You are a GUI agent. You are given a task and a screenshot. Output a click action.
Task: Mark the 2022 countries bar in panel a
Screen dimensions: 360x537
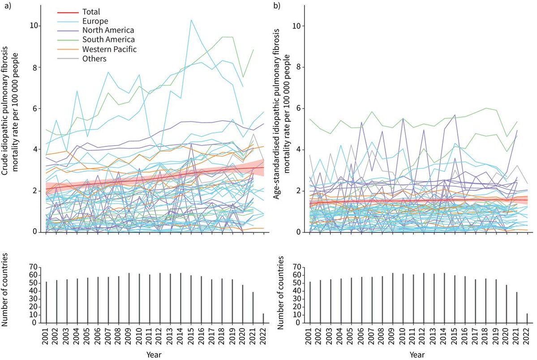263,317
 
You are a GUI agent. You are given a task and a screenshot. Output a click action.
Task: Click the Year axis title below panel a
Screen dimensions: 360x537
155,355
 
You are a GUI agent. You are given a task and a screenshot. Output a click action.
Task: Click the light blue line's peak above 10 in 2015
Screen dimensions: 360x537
191,20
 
